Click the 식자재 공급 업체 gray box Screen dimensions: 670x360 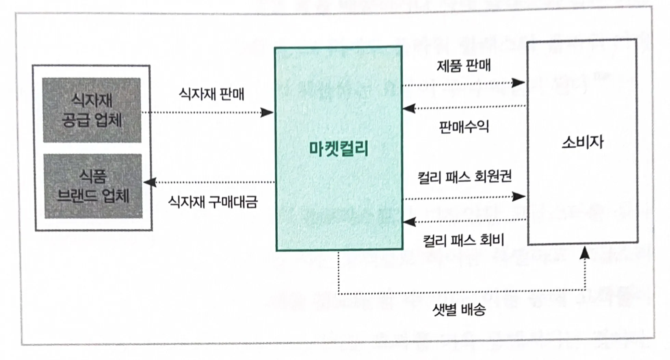coord(92,110)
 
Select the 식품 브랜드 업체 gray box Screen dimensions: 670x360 coord(93,186)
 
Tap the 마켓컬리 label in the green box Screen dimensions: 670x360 coord(338,149)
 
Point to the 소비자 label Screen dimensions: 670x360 coord(582,142)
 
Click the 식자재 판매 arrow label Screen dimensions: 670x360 coord(211,94)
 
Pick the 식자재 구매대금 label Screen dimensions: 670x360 coord(212,202)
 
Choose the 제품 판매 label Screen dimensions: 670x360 coord(463,65)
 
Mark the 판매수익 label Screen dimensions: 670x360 coord(464,127)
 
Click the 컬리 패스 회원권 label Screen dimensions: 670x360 coord(464,177)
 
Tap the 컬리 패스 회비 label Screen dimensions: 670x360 coord(463,241)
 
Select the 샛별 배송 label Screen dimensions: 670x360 coord(459,310)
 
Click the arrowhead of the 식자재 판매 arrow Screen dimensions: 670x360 coord(267,112)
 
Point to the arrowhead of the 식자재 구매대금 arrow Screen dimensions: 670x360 coord(150,182)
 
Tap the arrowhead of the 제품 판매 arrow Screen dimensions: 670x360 coord(518,82)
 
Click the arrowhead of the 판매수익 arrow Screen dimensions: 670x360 coord(409,109)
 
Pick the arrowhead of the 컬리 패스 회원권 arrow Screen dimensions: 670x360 coord(519,196)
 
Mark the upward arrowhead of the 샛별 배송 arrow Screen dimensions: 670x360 coord(585,253)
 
